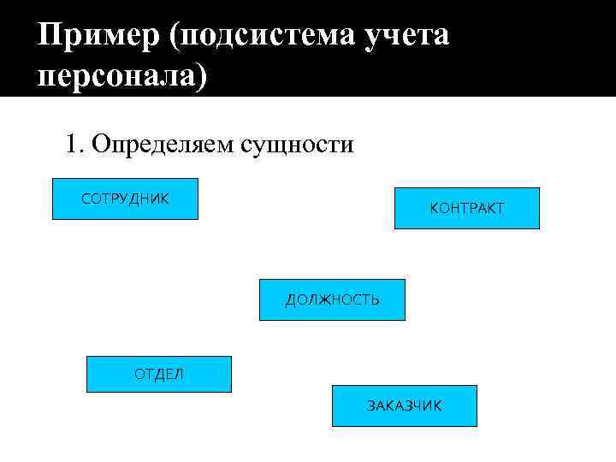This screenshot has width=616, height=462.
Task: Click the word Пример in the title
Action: click(98, 37)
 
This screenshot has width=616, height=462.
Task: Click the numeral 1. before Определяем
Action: click(75, 144)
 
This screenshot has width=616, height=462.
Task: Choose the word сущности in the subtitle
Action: click(297, 144)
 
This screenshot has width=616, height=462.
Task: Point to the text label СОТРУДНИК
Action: click(125, 198)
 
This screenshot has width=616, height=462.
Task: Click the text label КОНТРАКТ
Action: click(466, 208)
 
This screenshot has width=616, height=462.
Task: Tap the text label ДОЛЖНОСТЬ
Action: click(332, 299)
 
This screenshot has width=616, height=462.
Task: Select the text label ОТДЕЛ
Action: click(158, 374)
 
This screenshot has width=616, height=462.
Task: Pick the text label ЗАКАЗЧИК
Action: click(404, 406)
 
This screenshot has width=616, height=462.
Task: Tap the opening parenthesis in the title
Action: click(175, 37)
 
